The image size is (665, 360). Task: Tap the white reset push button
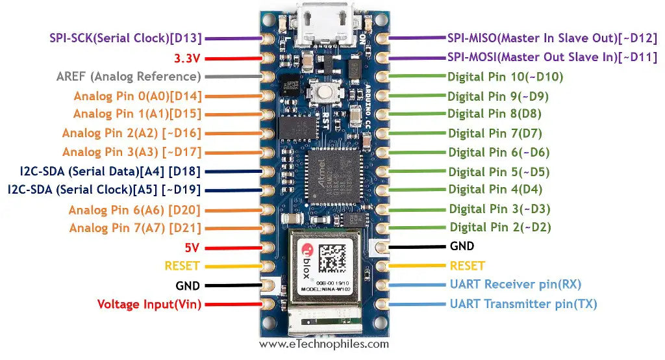[x=323, y=93]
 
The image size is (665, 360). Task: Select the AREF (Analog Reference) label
[x=129, y=77]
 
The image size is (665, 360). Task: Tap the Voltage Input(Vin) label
[x=149, y=304]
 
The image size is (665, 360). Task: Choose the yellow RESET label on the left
[x=182, y=266]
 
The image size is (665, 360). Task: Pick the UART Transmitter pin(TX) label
[x=523, y=303]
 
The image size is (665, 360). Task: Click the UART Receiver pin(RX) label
[x=516, y=284]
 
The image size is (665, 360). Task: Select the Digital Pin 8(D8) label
[x=495, y=114]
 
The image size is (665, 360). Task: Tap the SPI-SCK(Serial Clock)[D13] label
[x=126, y=38]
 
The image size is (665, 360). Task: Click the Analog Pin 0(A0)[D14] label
[x=138, y=96]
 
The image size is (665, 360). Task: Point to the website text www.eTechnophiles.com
[x=324, y=344]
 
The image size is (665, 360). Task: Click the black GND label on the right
[x=462, y=246]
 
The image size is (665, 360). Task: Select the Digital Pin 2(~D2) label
[x=501, y=227]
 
